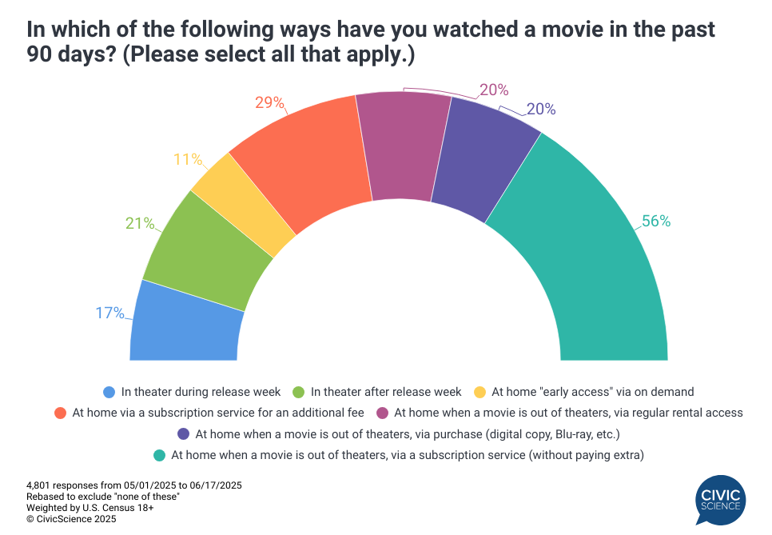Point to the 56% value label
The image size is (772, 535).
click(655, 222)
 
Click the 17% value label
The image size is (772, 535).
click(109, 313)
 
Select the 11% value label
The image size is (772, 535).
click(188, 159)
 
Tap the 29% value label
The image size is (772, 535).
click(270, 102)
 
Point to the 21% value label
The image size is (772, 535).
click(139, 223)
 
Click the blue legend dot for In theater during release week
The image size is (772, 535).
click(109, 392)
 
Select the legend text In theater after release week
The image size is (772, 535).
click(386, 392)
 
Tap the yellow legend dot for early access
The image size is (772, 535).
click(480, 392)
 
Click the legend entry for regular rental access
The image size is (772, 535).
click(568, 413)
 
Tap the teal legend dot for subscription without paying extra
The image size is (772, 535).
click(159, 455)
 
